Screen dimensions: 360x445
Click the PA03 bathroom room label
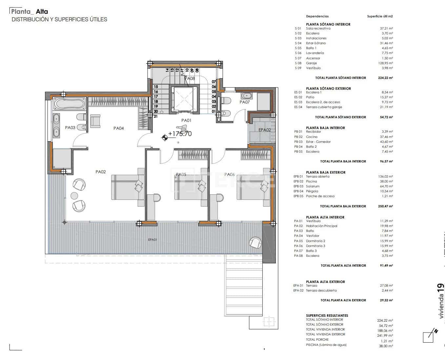[x=70, y=128]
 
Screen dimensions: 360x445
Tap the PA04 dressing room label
[x=118, y=128]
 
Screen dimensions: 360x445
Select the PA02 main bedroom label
[x=101, y=172]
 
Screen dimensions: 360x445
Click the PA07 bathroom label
[x=245, y=102]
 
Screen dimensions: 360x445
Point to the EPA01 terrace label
[x=152, y=240]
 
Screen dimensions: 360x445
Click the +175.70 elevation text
[x=180, y=134]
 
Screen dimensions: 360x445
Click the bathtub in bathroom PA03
[x=70, y=104]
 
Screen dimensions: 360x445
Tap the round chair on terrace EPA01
[x=255, y=243]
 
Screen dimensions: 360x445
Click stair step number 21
[x=156, y=116]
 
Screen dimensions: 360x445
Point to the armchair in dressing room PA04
[x=95, y=121]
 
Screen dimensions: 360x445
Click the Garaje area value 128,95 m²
[x=386, y=63]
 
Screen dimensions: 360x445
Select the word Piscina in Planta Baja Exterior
[x=311, y=181]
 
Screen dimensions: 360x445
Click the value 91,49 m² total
[x=386, y=266]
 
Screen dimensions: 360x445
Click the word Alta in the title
[x=42, y=12]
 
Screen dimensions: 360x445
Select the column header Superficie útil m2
[x=380, y=16]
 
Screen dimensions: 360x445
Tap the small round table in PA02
[x=74, y=196]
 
